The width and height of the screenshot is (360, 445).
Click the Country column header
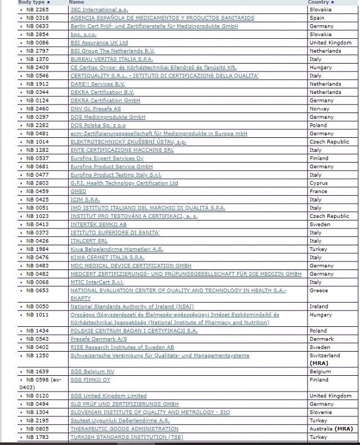point(318,2)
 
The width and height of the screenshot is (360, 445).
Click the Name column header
point(76,2)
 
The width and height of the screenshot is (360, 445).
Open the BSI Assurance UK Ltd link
point(99,43)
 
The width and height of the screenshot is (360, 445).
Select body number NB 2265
point(37,10)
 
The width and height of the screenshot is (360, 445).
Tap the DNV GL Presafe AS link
point(95,109)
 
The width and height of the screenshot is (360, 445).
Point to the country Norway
point(319,109)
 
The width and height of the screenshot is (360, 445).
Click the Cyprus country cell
point(318,183)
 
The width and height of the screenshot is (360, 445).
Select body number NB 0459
point(37,191)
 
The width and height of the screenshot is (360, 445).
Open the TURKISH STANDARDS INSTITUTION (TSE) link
point(127,437)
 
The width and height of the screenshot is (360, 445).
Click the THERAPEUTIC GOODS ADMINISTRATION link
point(124,429)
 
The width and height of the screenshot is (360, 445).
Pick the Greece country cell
point(318,291)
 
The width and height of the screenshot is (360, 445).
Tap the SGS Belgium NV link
point(92,372)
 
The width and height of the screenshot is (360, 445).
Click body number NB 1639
point(37,372)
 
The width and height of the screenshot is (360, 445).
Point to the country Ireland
point(319,307)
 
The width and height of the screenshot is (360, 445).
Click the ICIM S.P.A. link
point(85,200)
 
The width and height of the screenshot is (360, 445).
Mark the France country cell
point(318,191)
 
